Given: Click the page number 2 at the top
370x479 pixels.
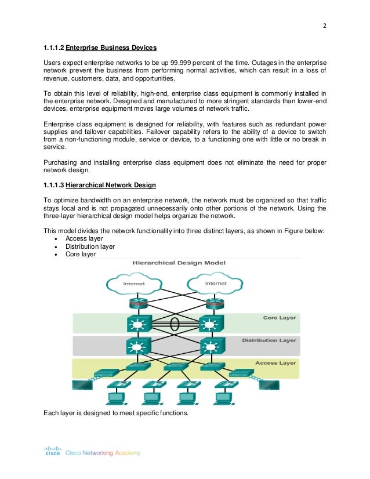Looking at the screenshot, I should pyautogui.click(x=325, y=26).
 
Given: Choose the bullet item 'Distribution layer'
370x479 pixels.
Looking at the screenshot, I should pyautogui.click(x=90, y=246).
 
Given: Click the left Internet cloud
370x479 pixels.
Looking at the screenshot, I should pyautogui.click(x=135, y=284).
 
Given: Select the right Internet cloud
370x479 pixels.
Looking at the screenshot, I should pyautogui.click(x=216, y=284).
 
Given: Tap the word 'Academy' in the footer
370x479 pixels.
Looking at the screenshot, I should pyautogui.click(x=129, y=452).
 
